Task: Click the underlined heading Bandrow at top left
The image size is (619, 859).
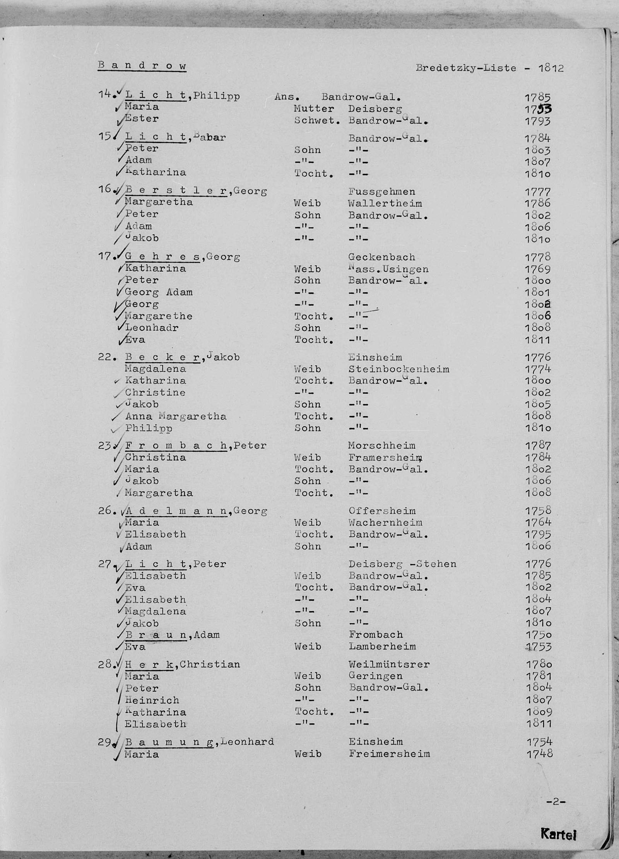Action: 142,65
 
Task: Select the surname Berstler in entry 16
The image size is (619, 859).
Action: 176,191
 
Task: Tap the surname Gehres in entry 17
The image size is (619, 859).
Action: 162,257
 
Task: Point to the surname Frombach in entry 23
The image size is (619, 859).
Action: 176,446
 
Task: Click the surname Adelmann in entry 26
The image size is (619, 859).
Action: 176,511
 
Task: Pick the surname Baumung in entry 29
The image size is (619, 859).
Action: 169,742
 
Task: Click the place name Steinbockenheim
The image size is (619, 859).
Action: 398,369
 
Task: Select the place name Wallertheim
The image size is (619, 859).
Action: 385,203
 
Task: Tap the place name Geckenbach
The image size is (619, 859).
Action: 381,257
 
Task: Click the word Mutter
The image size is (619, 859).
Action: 313,108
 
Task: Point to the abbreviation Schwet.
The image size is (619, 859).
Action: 317,120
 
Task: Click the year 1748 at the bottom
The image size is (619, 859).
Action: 539,753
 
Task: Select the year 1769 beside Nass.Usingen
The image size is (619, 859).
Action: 538,269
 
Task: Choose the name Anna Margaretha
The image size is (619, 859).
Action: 176,416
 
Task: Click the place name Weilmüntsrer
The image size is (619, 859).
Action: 388,664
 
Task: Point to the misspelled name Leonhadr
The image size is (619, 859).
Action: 152,328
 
